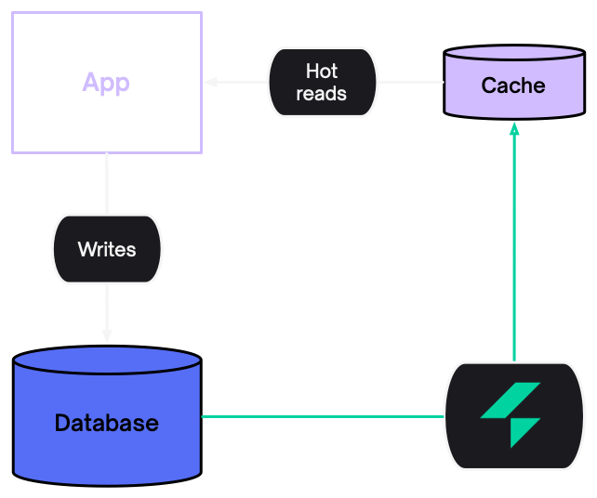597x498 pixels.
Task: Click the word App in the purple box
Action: pos(106,82)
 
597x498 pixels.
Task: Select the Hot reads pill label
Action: pos(322,83)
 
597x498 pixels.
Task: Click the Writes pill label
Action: pos(107,249)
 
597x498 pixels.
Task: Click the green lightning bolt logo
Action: pos(511,414)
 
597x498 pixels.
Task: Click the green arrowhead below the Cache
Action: pos(514,128)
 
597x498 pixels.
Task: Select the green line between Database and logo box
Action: pos(322,416)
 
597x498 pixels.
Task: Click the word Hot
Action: pos(322,72)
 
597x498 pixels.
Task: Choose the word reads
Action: pos(322,94)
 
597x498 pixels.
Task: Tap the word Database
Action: pos(107,424)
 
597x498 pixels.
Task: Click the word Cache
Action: pos(513,86)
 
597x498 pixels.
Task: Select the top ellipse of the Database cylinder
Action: pos(107,360)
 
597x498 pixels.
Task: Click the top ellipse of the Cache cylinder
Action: pos(513,54)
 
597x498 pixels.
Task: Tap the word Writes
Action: pos(107,249)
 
